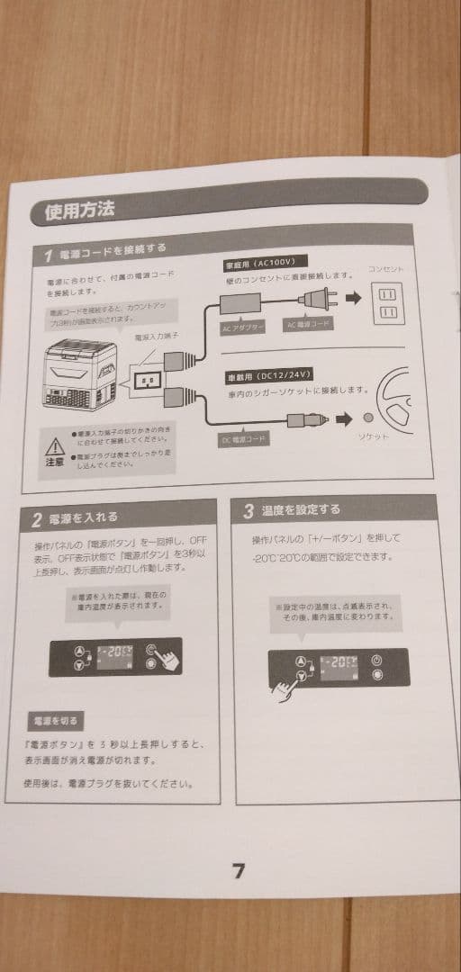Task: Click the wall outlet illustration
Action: pos(388,302)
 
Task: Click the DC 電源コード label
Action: pos(244,440)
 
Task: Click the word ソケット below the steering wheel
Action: pos(374,436)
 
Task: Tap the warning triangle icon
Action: pos(56,445)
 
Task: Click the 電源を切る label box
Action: pos(56,721)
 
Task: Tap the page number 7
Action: pos(239,871)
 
